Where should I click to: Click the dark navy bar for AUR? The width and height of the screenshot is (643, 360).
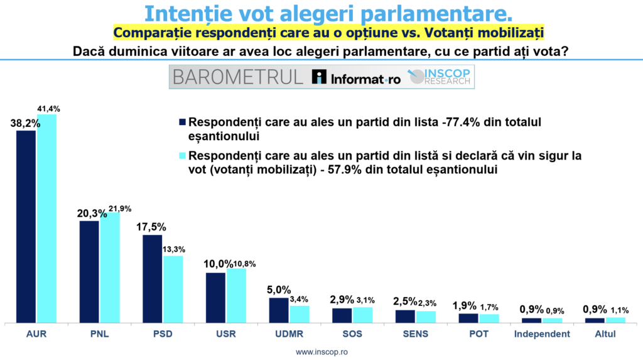click(x=26, y=227)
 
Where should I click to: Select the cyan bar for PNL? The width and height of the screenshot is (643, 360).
click(x=110, y=268)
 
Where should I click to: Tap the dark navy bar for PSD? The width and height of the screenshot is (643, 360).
click(x=152, y=279)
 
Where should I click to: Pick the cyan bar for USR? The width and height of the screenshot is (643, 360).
click(x=236, y=296)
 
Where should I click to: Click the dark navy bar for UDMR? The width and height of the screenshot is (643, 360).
click(x=279, y=310)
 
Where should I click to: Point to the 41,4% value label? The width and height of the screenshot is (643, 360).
click(x=49, y=109)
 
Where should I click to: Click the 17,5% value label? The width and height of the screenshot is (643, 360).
click(x=151, y=227)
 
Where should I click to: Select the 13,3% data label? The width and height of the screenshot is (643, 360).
click(x=174, y=249)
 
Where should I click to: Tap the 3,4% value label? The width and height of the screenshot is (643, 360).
click(x=299, y=299)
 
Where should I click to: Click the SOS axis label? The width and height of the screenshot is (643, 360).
click(x=352, y=334)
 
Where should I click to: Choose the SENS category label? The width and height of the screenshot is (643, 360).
click(x=416, y=334)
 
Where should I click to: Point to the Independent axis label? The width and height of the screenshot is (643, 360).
click(x=542, y=334)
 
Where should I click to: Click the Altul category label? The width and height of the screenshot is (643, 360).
click(x=605, y=334)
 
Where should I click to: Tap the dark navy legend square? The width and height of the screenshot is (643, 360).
click(x=183, y=122)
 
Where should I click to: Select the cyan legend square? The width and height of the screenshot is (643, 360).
click(x=183, y=156)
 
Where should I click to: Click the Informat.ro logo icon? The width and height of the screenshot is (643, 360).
click(x=319, y=77)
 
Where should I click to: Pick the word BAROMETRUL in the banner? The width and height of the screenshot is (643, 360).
click(x=238, y=77)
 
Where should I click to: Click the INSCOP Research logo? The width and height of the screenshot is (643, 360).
click(x=439, y=77)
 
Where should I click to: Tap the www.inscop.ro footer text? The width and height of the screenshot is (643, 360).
click(x=321, y=352)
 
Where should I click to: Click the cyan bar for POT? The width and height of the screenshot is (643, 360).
click(x=489, y=319)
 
